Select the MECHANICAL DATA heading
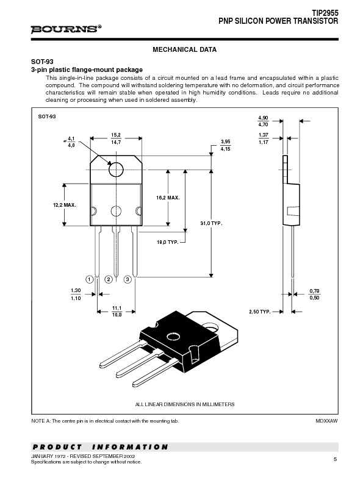[x=184, y=49]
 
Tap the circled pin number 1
[x=89, y=279]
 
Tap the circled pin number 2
[x=108, y=279]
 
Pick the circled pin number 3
[x=128, y=279]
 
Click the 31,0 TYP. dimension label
[x=212, y=224]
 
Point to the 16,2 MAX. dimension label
[x=168, y=198]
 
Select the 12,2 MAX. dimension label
[x=64, y=205]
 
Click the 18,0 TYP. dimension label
[x=168, y=243]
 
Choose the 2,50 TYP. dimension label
[x=259, y=312]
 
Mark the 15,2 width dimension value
[x=116, y=135]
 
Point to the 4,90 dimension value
[x=263, y=117]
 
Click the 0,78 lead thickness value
[x=314, y=290]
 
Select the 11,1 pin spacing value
[x=116, y=308]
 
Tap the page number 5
[x=335, y=459]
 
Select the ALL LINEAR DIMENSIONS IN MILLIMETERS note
[x=184, y=404]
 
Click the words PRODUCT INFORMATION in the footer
[x=99, y=447]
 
